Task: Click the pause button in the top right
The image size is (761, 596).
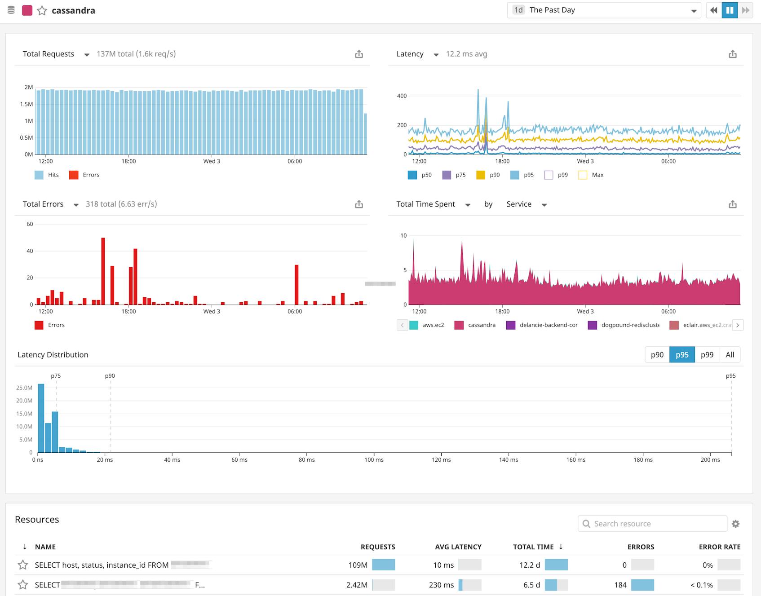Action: (x=730, y=10)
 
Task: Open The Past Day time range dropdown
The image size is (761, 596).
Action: (x=603, y=10)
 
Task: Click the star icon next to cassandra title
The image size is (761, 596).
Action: (x=42, y=10)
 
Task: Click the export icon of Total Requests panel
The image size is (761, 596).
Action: (x=358, y=54)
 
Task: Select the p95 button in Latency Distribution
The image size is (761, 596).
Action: (x=681, y=354)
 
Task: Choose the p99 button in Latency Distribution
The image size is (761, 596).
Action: (x=707, y=354)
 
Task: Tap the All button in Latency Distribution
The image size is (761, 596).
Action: (x=730, y=354)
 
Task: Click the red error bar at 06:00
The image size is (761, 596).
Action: (x=296, y=284)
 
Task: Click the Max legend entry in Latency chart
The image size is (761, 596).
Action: (x=592, y=175)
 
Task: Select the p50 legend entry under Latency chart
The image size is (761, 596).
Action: (x=420, y=175)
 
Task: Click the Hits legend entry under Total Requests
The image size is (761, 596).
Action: (x=47, y=175)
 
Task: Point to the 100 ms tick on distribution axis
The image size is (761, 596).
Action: (x=374, y=459)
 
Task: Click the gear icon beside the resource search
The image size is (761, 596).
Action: (x=735, y=524)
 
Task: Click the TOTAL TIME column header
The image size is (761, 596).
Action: (x=533, y=547)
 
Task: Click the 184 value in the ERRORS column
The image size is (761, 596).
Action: (x=620, y=585)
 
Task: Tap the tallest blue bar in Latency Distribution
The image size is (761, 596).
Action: (x=41, y=418)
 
